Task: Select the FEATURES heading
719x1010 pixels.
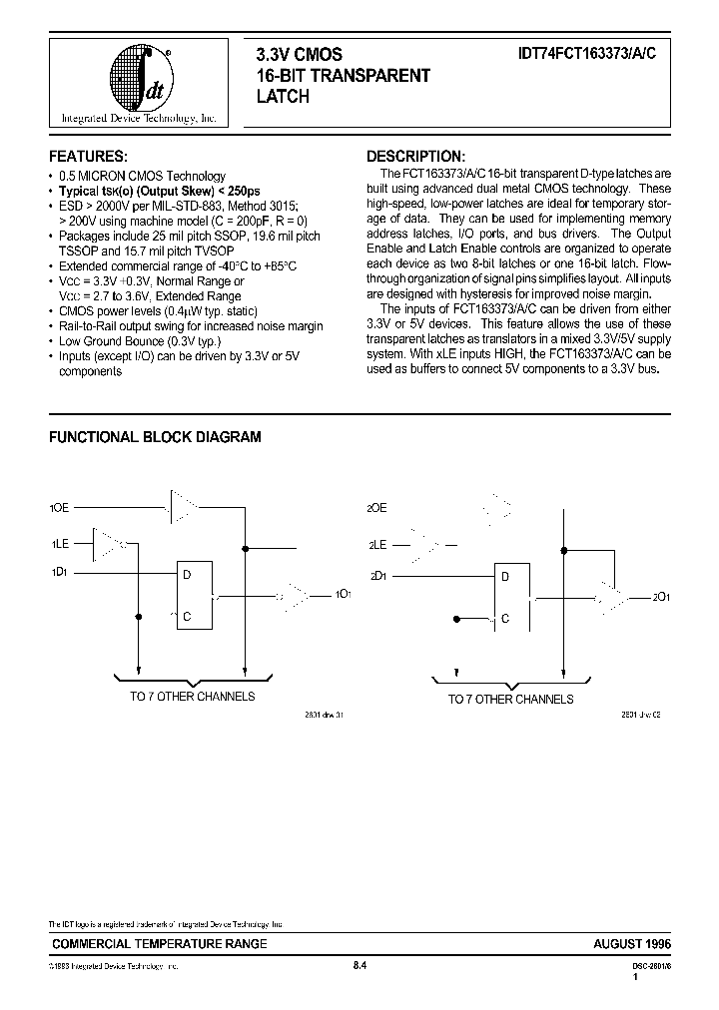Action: pos(89,157)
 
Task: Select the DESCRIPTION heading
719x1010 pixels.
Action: pos(415,157)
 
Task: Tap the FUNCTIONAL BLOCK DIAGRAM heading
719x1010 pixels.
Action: pos(156,437)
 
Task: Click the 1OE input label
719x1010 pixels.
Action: pos(61,508)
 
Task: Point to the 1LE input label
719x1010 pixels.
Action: pos(60,544)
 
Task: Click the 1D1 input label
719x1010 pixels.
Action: pos(60,573)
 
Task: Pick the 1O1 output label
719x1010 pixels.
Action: pos(343,595)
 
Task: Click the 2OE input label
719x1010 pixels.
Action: pos(376,508)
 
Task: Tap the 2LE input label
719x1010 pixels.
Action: pos(376,545)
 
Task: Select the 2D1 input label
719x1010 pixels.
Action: pos(377,575)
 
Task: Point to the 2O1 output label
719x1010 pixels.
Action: pos(661,597)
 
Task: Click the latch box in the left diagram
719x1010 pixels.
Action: pos(196,595)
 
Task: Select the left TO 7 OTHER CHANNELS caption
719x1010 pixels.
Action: pos(192,697)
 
